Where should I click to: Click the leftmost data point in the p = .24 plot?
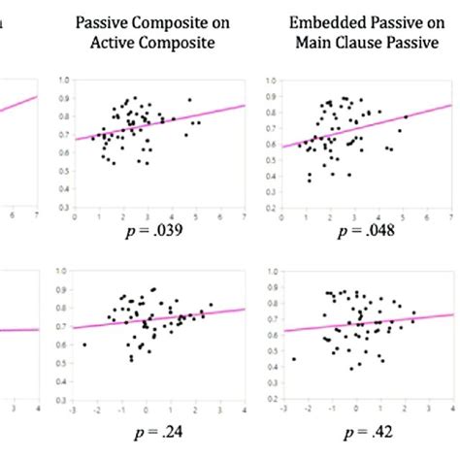[85, 345]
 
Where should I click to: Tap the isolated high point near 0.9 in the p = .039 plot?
[190, 100]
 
